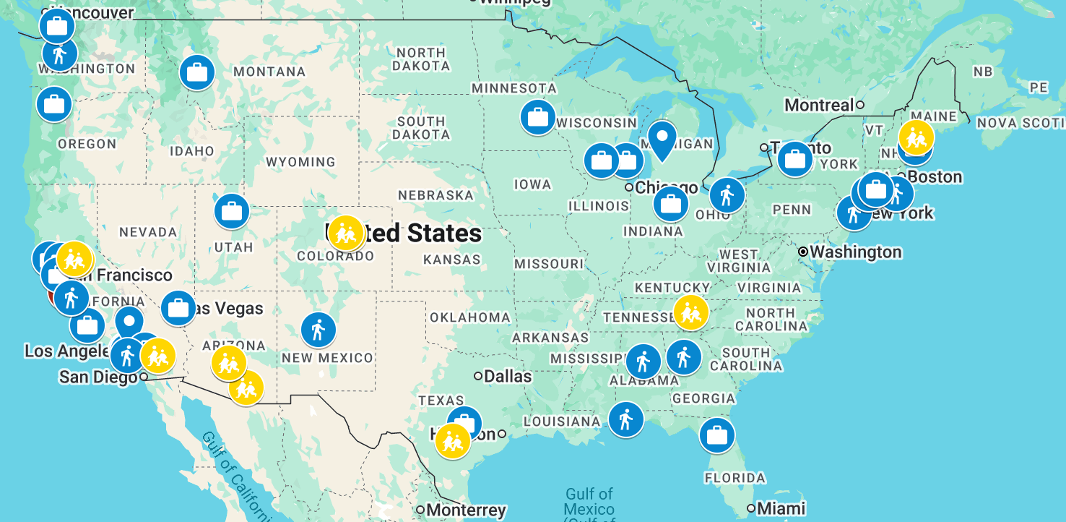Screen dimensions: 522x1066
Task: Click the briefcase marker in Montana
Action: [x=196, y=72]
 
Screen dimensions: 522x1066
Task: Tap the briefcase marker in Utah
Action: [x=232, y=212]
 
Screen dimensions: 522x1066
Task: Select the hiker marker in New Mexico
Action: [x=318, y=330]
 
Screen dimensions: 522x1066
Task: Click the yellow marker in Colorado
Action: [x=345, y=233]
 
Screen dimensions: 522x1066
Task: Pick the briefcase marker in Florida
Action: [x=716, y=435]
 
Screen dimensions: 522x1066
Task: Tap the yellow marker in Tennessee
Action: [x=690, y=312]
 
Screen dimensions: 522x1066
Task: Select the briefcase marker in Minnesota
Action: [x=537, y=117]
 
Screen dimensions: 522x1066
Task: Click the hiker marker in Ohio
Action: [x=727, y=195]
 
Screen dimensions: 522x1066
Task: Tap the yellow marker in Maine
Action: [x=916, y=137]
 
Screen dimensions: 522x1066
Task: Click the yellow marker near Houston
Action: [x=453, y=440]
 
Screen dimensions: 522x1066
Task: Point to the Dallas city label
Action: [x=508, y=376]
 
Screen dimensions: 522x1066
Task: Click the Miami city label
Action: [x=781, y=508]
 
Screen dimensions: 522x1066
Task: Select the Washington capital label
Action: [x=855, y=252]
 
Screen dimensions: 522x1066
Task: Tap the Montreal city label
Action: [x=819, y=105]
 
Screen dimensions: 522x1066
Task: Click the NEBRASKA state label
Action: [x=435, y=195]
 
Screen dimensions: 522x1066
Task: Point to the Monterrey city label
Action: [x=466, y=510]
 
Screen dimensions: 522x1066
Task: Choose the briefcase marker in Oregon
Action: [x=54, y=104]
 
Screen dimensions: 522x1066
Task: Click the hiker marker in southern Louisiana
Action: [x=625, y=419]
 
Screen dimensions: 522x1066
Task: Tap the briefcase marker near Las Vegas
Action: [x=178, y=309]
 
